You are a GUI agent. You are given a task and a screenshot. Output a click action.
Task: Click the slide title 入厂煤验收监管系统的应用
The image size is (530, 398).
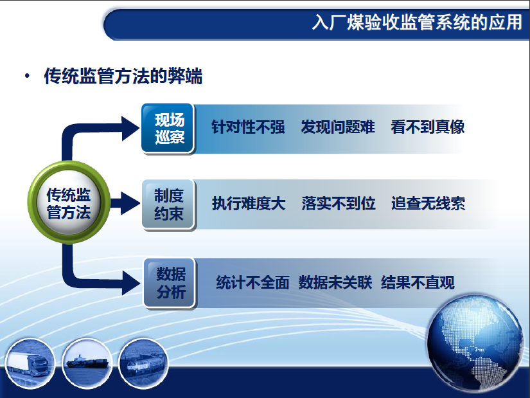(x=417, y=23)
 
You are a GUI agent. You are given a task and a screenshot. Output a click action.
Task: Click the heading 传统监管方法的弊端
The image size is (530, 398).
(x=123, y=76)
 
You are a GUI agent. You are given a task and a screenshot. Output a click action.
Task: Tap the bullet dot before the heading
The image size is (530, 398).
(x=27, y=76)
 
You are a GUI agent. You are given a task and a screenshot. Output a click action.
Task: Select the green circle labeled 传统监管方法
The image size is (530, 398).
(x=69, y=203)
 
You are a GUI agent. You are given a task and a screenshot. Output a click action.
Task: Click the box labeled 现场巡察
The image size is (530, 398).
(x=168, y=129)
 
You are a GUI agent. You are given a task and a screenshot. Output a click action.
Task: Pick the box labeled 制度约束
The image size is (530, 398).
(x=169, y=204)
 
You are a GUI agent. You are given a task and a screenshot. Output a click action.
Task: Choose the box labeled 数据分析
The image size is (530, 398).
(x=170, y=283)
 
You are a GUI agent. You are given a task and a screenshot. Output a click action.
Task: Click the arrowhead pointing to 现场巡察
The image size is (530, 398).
(x=130, y=128)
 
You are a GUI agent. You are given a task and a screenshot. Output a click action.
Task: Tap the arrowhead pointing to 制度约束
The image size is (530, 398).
(x=130, y=203)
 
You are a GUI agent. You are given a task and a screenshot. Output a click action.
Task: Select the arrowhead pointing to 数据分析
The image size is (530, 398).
(x=130, y=283)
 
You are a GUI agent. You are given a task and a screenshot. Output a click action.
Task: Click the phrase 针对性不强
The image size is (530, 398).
(x=248, y=127)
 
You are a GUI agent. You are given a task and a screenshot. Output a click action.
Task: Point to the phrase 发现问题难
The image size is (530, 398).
(x=338, y=127)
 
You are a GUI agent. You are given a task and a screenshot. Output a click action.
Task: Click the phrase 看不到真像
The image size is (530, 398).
(x=428, y=127)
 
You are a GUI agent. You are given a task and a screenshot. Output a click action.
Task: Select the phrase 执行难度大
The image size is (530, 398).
(x=249, y=203)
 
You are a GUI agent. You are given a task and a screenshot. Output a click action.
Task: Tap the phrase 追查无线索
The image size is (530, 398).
(x=428, y=203)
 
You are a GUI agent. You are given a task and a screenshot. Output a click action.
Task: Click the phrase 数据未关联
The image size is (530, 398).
(x=335, y=283)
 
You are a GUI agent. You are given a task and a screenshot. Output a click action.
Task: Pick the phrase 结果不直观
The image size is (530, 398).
(x=418, y=283)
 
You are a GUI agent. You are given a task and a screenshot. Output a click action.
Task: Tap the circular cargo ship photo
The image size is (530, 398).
(x=87, y=363)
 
